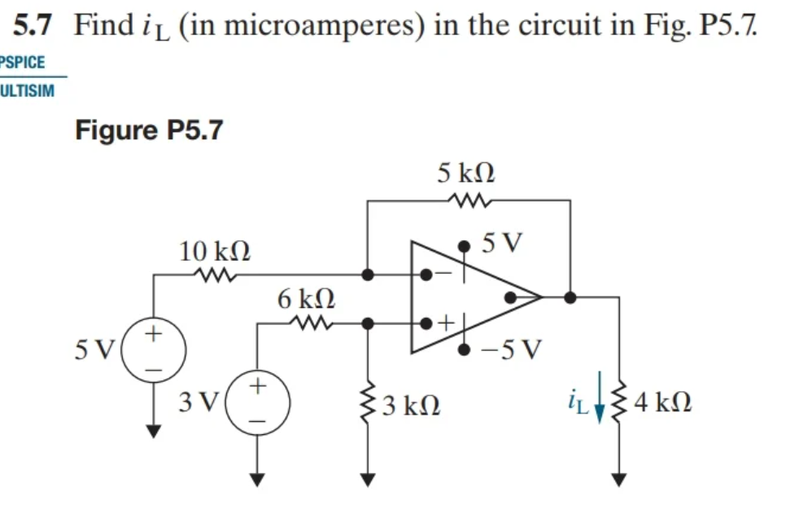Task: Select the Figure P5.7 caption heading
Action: [x=148, y=130]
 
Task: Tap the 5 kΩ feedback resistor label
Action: [x=466, y=173]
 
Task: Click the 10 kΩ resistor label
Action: [x=215, y=252]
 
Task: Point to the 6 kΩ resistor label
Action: [x=305, y=299]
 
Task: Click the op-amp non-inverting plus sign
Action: [x=445, y=323]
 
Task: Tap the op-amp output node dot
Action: [x=570, y=297]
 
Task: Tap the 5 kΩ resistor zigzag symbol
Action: [x=467, y=199]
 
